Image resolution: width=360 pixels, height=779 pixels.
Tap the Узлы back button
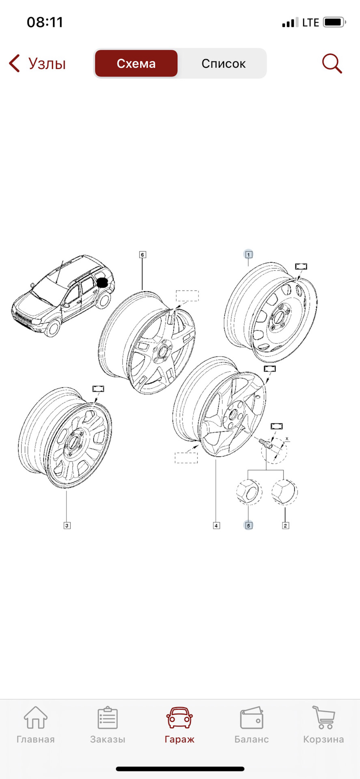click(37, 64)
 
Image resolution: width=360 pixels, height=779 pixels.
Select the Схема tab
click(136, 64)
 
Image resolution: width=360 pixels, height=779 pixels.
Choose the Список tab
click(223, 64)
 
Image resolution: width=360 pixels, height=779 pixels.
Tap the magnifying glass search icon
click(332, 64)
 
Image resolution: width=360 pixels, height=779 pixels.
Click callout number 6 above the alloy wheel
click(142, 255)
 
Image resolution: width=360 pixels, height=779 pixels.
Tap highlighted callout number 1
click(249, 255)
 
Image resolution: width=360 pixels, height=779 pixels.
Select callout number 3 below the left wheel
click(67, 525)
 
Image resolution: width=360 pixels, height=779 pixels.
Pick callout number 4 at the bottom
click(216, 525)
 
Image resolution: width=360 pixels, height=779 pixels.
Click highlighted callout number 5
click(248, 525)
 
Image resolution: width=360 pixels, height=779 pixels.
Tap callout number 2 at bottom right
click(285, 525)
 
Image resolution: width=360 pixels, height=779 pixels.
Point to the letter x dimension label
click(287, 439)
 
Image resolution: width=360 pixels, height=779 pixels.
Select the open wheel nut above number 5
click(248, 491)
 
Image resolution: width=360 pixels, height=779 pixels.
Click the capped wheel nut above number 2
click(284, 491)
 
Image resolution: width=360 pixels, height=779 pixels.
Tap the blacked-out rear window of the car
click(102, 283)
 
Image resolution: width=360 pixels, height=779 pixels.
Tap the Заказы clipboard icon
click(108, 718)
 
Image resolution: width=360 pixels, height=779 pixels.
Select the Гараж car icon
click(179, 718)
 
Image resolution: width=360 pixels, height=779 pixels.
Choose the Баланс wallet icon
click(252, 718)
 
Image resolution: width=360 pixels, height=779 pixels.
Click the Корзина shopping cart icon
click(323, 718)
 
